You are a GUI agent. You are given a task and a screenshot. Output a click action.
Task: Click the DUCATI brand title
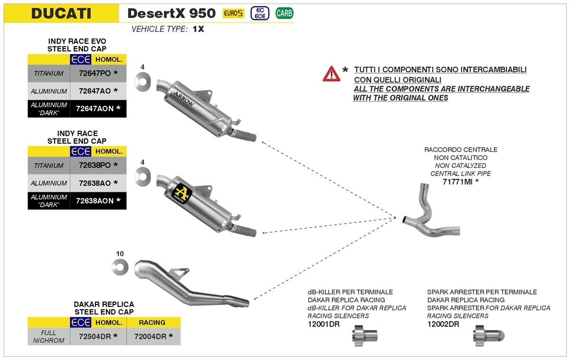[61, 13]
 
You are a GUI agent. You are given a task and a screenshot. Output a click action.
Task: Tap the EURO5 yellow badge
[233, 13]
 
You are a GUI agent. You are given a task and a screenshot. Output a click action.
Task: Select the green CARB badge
[284, 13]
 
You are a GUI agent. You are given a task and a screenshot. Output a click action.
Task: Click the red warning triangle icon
[331, 74]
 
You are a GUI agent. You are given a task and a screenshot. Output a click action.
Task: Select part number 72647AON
[95, 108]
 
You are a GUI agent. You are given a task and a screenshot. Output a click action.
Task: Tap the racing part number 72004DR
[151, 336]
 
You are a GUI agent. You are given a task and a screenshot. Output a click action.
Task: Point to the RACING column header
[152, 322]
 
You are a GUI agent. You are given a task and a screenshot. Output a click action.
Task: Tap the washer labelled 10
[120, 267]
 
